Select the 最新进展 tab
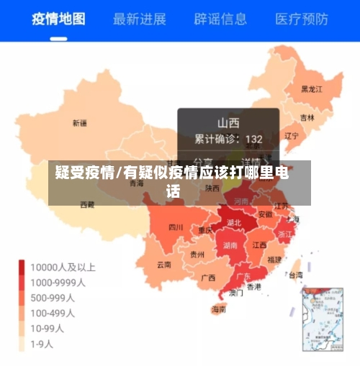pos(140,18)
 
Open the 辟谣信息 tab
pos(220,18)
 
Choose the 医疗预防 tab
pos(302,18)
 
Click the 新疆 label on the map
pos(79,123)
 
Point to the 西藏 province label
pos(86,205)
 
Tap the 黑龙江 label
pos(312,89)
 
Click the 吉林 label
pos(307,117)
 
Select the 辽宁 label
pos(292,134)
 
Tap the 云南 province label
pos(163,264)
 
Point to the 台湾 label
pos(295,275)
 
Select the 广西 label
pos(209,277)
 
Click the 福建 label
pos(274,259)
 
